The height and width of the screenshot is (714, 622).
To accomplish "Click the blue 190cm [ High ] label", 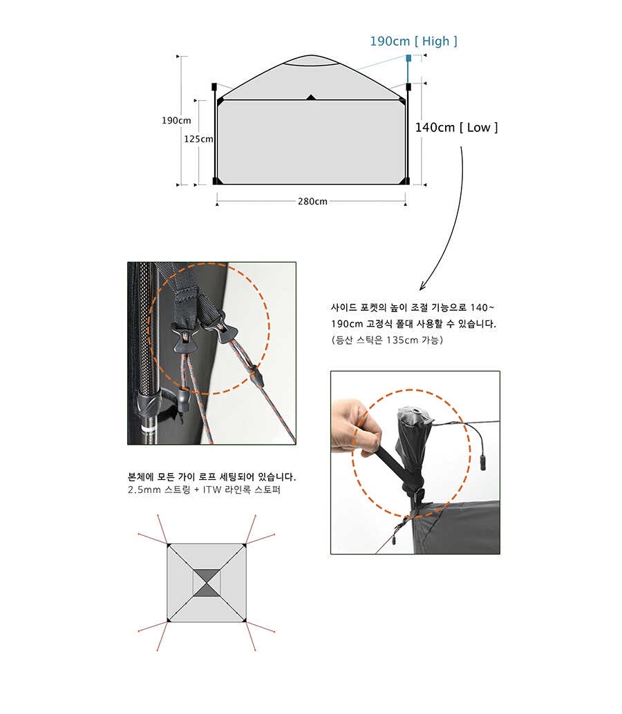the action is point(413,41).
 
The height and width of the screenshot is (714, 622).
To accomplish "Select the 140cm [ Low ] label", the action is point(456,128).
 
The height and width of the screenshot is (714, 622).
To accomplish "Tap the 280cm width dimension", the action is point(312,201).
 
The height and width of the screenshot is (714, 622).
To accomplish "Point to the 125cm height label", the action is point(198,139).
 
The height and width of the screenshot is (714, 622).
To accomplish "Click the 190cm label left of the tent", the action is point(176,121).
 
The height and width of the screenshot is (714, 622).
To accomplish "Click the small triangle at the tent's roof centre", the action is point(311,97).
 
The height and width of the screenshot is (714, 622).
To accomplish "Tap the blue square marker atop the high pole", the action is point(408,58).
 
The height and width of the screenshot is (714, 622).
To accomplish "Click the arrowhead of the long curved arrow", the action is point(422,287).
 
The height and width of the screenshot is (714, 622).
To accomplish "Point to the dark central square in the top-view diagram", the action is point(207,582).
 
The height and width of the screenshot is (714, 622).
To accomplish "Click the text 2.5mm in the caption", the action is point(141,490).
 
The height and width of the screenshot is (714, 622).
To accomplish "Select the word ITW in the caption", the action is point(212,490).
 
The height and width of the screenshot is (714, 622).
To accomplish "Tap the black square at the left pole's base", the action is point(215,182).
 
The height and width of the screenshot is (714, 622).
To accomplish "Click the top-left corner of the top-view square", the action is point(168,544).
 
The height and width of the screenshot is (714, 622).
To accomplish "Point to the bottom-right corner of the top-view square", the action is point(245,621).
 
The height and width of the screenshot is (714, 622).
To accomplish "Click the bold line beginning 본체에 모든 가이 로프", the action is point(211,477).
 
